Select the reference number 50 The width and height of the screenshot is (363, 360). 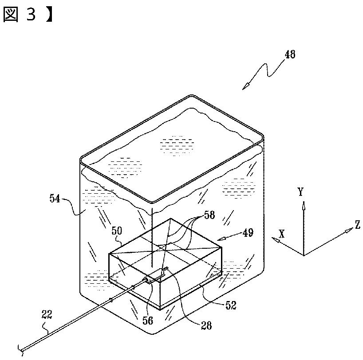pyautogui.click(x=116, y=231)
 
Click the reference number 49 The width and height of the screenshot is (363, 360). pyautogui.click(x=248, y=232)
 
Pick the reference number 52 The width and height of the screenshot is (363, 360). pyautogui.click(x=230, y=305)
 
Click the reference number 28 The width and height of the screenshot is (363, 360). pyautogui.click(x=206, y=326)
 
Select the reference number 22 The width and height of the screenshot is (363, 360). pyautogui.click(x=47, y=315)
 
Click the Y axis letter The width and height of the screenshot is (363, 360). pyautogui.click(x=301, y=192)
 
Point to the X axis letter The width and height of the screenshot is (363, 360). pyautogui.click(x=281, y=233)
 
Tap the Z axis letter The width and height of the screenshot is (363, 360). pyautogui.click(x=357, y=225)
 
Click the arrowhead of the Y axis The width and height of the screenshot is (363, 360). pyautogui.click(x=304, y=205)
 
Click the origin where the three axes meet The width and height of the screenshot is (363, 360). pyautogui.click(x=304, y=255)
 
